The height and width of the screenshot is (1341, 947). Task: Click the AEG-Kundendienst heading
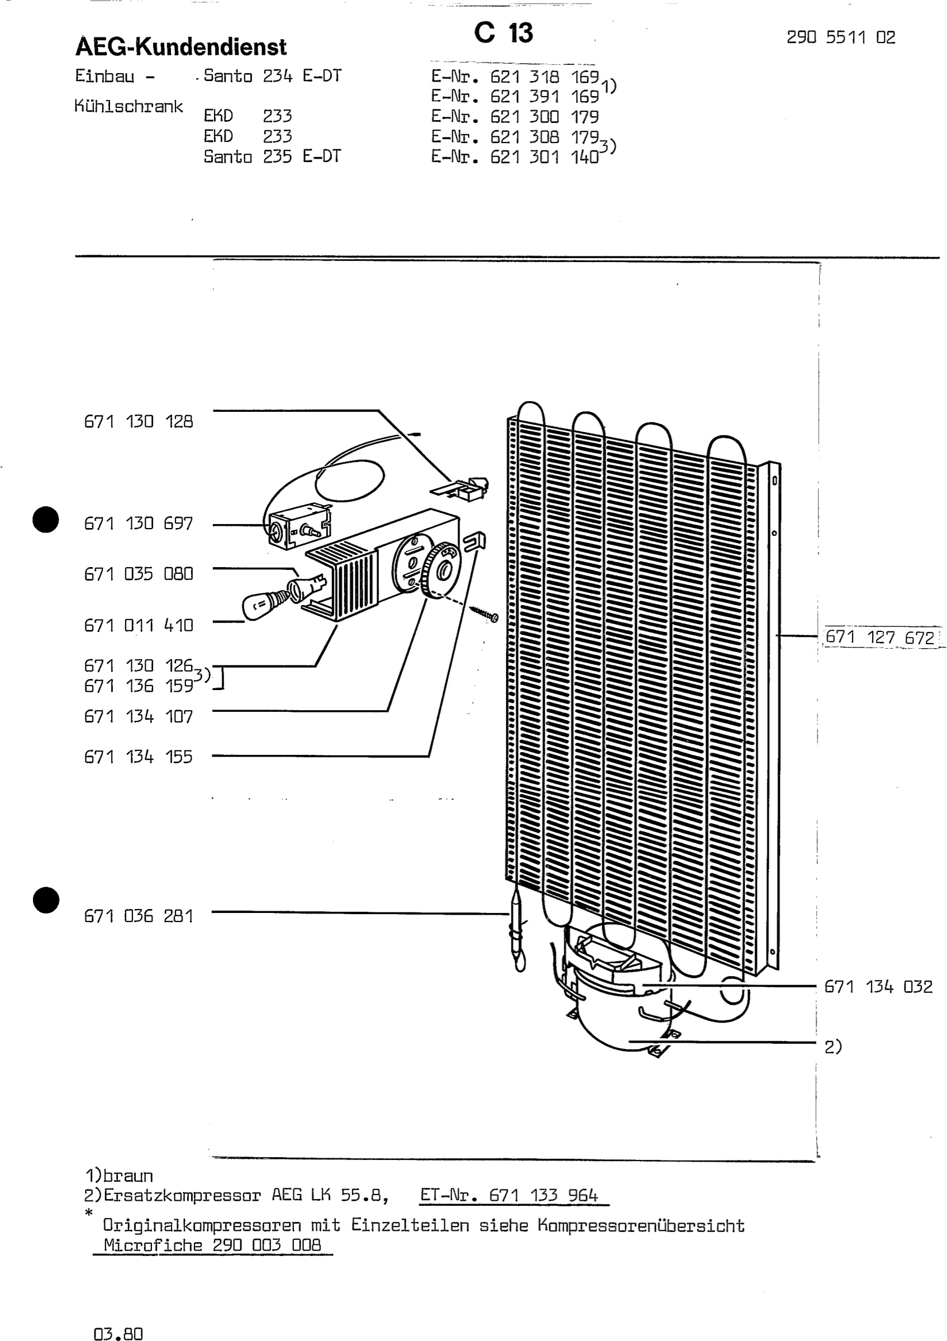click(181, 47)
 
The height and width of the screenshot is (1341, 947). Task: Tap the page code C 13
click(503, 33)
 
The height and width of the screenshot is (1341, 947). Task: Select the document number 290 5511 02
click(841, 37)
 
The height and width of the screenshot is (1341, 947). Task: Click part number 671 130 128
click(139, 421)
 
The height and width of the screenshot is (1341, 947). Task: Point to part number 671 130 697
click(139, 524)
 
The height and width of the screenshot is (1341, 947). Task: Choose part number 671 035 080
click(139, 574)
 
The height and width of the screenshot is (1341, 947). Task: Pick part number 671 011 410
click(139, 626)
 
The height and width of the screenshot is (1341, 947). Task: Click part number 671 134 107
click(139, 716)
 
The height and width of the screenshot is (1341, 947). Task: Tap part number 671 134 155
click(139, 757)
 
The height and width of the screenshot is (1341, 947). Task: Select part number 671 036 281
click(139, 916)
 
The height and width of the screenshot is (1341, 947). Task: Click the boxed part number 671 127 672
click(880, 637)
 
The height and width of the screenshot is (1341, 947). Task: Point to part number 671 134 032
click(878, 987)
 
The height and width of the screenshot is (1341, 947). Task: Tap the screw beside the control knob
click(484, 614)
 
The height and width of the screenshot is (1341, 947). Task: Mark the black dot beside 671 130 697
click(46, 519)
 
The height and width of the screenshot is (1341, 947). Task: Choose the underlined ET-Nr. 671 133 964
click(509, 1196)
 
